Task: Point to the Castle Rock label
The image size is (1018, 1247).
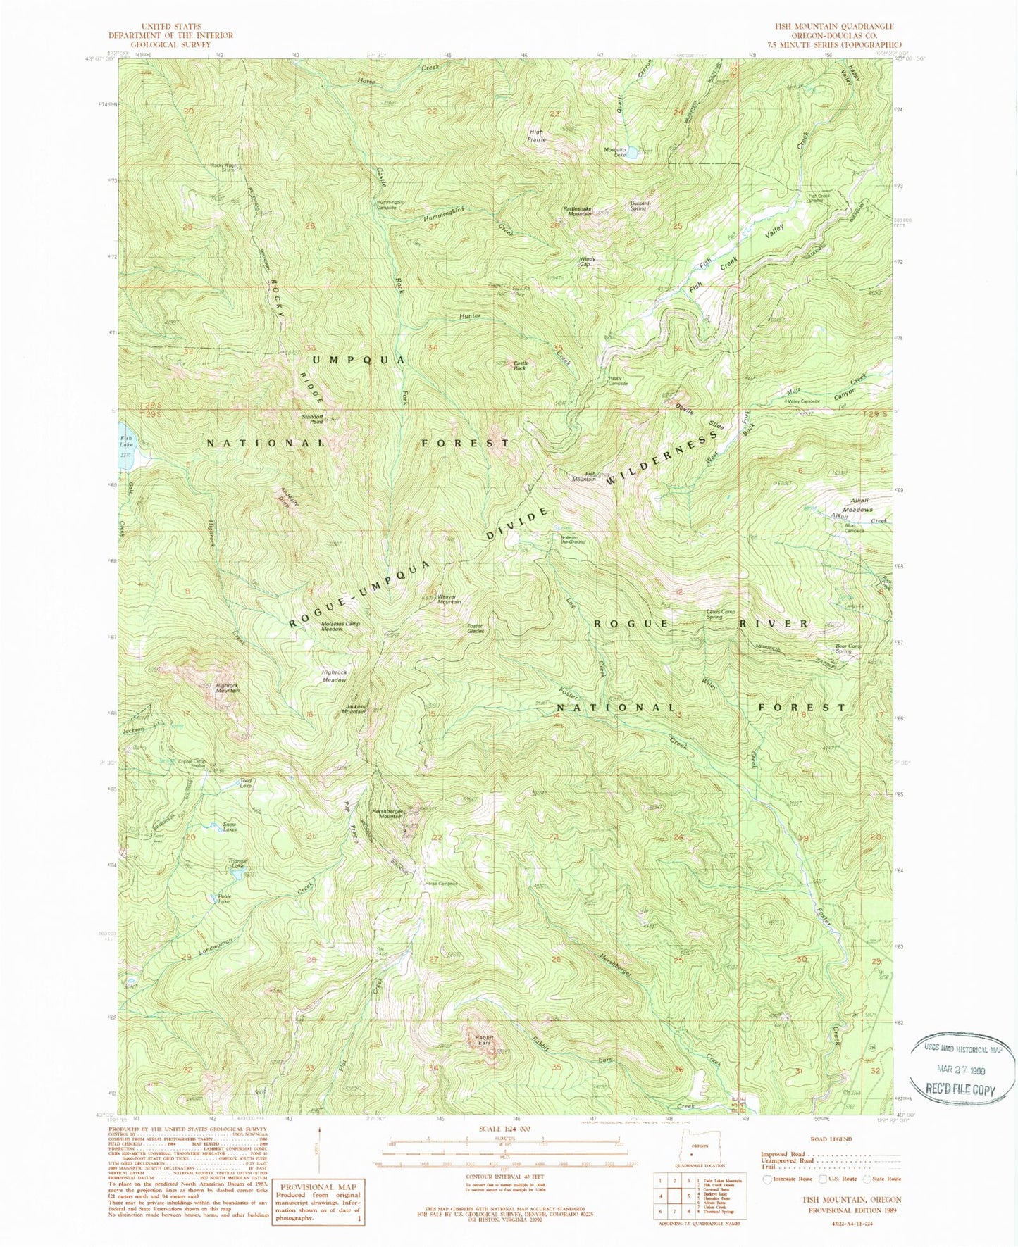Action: pyautogui.click(x=521, y=365)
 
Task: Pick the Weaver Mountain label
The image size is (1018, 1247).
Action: pyautogui.click(x=449, y=599)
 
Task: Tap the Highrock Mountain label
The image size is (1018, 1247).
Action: pyautogui.click(x=227, y=688)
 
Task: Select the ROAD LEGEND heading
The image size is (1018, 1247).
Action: pyautogui.click(x=831, y=1139)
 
